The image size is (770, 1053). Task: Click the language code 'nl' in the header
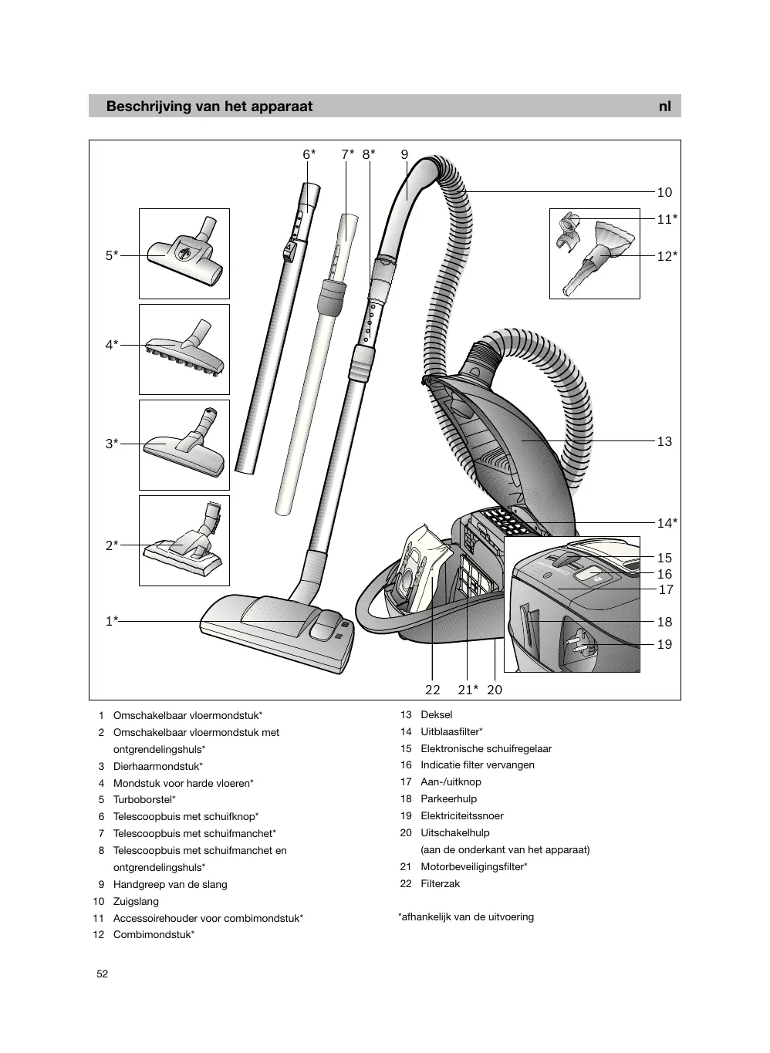click(664, 106)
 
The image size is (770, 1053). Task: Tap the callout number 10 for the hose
click(664, 192)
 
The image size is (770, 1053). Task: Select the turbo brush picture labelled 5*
click(184, 253)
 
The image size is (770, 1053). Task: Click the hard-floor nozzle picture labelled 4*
click(184, 349)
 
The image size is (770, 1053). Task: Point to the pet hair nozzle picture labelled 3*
click(184, 444)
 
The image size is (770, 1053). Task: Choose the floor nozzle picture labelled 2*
click(184, 540)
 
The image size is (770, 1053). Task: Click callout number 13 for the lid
click(664, 441)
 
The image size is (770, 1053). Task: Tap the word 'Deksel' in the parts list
click(437, 715)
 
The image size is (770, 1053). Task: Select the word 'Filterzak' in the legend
click(440, 883)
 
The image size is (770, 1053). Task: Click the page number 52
click(103, 974)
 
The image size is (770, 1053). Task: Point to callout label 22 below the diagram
click(433, 690)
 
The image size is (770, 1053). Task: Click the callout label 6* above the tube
click(309, 154)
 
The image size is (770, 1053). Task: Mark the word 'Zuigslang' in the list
click(136, 901)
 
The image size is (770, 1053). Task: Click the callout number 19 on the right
click(664, 644)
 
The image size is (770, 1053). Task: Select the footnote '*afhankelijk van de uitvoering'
click(466, 917)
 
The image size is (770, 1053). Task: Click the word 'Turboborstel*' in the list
click(144, 800)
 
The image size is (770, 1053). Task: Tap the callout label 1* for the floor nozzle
click(112, 621)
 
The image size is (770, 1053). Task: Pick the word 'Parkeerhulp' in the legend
click(449, 799)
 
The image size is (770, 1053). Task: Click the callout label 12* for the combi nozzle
click(667, 255)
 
